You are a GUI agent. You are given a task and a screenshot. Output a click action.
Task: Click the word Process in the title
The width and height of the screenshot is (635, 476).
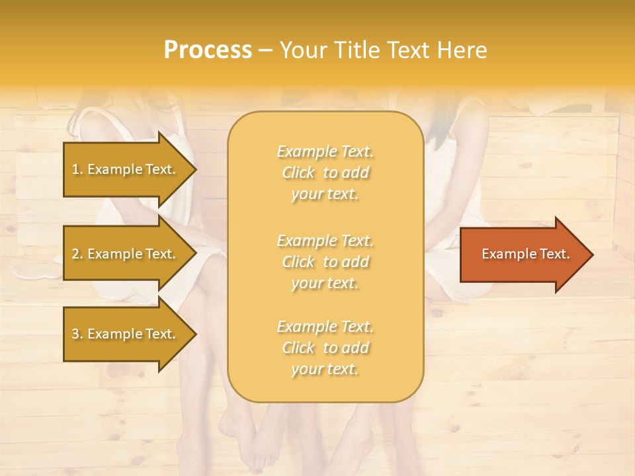pos(208,50)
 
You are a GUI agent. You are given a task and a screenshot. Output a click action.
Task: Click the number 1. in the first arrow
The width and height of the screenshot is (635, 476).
pos(77,169)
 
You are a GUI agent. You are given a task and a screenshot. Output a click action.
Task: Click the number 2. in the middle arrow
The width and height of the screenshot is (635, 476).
pos(77,254)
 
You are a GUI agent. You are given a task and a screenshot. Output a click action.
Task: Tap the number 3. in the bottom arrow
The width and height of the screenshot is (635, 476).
pos(77,334)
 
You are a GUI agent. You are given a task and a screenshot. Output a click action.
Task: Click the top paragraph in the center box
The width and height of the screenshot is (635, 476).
pos(325,173)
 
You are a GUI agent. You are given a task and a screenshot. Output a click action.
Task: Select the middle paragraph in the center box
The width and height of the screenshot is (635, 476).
pos(325,262)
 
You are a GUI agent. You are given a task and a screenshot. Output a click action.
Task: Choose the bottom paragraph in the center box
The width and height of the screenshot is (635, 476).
pos(325,348)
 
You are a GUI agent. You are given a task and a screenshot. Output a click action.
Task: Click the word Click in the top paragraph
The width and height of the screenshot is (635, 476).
pos(298,173)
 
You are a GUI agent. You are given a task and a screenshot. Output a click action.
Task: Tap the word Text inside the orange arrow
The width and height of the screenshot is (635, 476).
pos(554,254)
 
